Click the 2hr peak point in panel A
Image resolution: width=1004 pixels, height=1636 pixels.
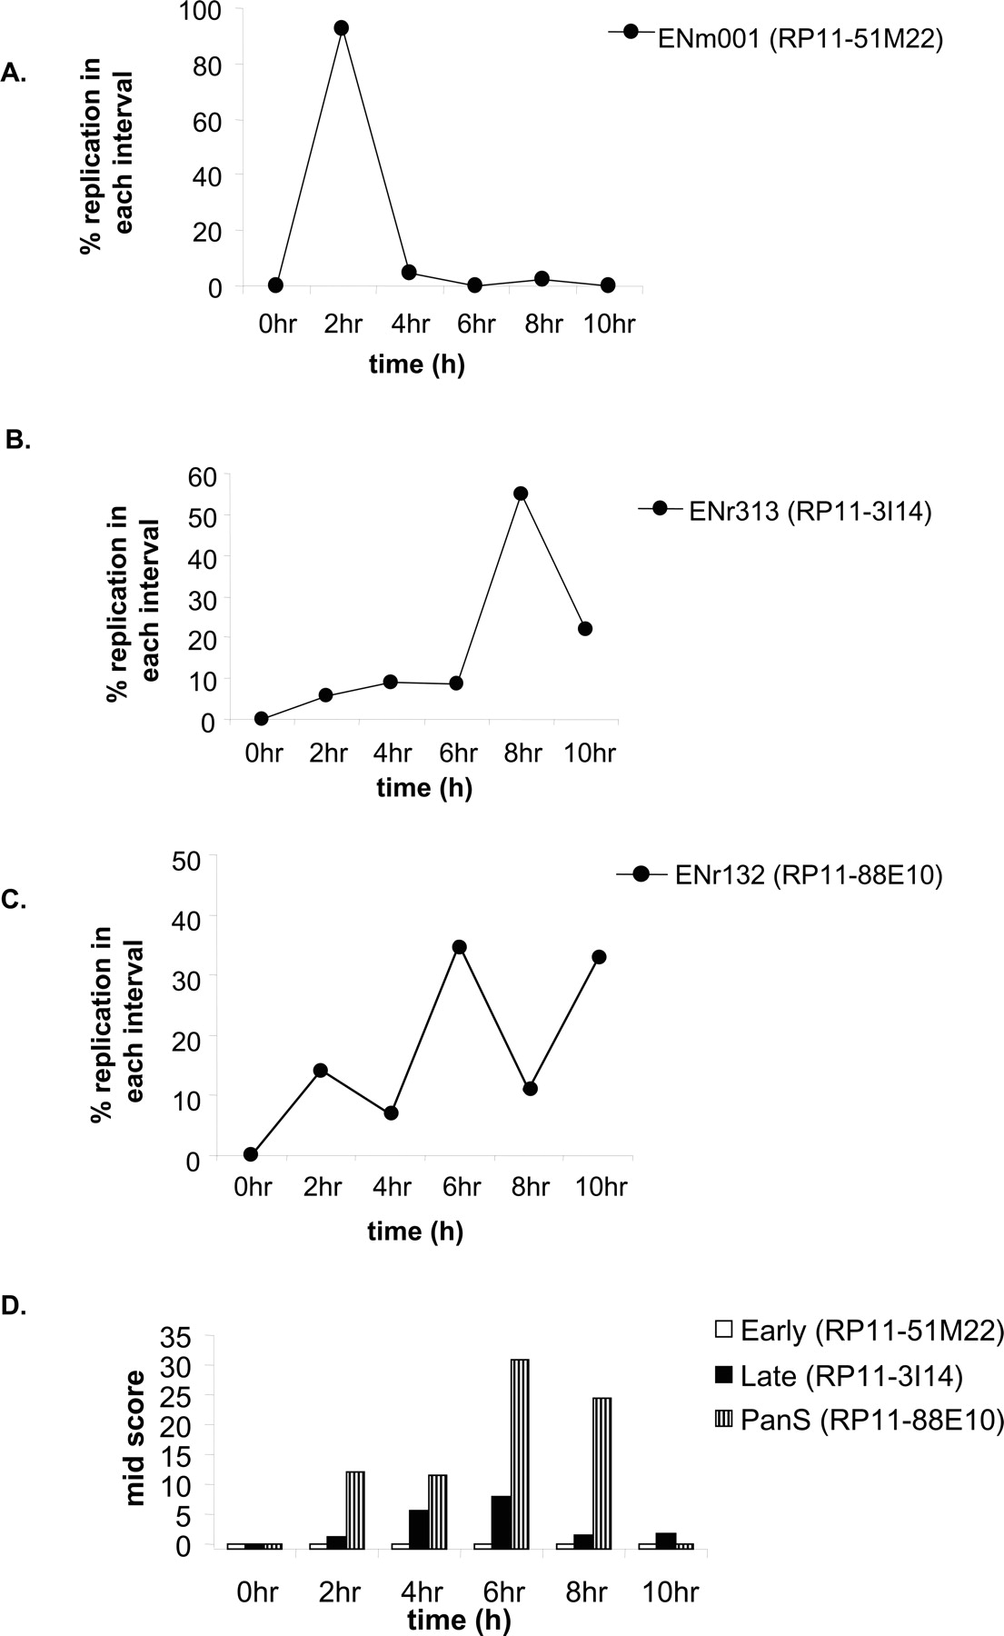tap(342, 28)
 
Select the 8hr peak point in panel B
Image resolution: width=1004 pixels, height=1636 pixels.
tap(521, 494)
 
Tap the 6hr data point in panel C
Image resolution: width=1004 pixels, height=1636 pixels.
tap(459, 947)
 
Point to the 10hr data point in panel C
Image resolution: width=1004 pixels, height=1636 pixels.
tap(599, 957)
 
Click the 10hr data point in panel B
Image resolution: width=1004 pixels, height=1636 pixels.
tap(585, 629)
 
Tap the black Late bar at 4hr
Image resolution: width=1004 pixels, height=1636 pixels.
tap(419, 1527)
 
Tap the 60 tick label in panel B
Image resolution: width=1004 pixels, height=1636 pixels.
tap(201, 475)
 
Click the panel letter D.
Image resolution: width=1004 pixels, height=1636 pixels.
tap(15, 1306)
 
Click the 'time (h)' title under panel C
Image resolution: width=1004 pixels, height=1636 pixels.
tap(415, 1232)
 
